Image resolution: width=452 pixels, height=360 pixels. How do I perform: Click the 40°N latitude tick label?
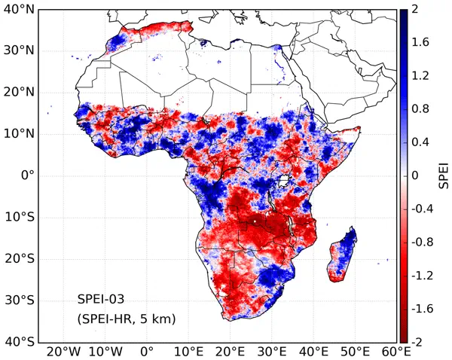[x=19, y=10]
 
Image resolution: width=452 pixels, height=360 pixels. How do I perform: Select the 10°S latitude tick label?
[x=19, y=218]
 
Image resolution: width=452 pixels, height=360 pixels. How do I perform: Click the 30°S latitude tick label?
[x=19, y=301]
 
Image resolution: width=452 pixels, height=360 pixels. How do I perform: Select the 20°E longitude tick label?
[x=230, y=351]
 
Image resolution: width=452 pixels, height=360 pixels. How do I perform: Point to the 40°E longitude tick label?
[x=313, y=351]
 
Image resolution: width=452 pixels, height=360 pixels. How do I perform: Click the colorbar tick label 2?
[x=414, y=10]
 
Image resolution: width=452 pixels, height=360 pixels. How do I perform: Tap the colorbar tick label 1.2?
[x=419, y=76]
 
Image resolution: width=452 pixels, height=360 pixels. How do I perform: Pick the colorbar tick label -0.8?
[x=421, y=243]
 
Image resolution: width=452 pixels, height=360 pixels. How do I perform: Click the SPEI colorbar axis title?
[x=444, y=175]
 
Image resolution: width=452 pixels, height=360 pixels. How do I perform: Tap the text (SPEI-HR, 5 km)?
[x=127, y=319]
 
